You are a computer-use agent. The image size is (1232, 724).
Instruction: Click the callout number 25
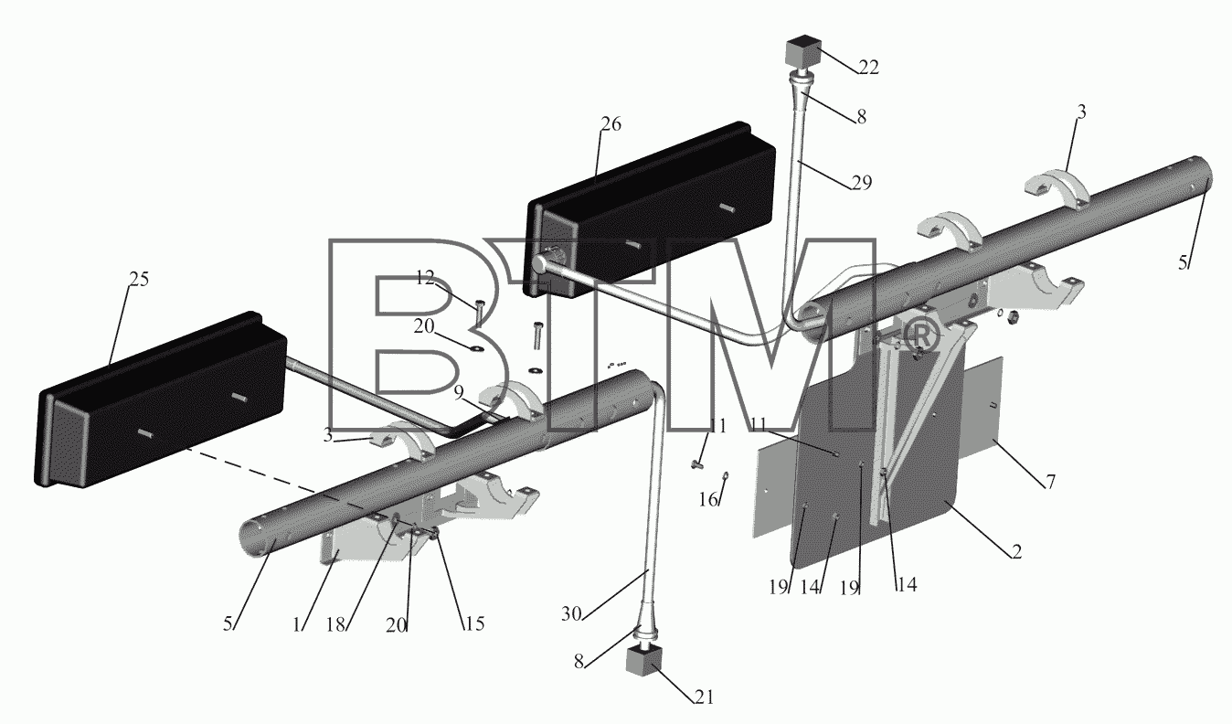point(139,280)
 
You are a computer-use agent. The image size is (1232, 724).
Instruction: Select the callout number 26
point(611,124)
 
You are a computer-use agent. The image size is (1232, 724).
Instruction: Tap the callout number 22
point(868,67)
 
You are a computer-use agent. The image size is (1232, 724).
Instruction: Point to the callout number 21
point(704,697)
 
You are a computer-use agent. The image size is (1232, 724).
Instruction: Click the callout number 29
point(861,182)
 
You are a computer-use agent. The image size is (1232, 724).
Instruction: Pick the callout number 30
point(571,613)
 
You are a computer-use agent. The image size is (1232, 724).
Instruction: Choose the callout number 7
point(1050,482)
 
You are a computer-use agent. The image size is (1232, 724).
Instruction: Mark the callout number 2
point(1016,551)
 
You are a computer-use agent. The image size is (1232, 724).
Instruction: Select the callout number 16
point(708,499)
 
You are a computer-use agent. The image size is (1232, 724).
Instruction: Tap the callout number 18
point(335,624)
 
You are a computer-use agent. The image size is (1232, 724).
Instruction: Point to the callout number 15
point(474,623)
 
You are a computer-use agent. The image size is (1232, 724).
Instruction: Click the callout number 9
point(459,392)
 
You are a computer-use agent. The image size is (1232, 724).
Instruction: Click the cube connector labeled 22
point(803,52)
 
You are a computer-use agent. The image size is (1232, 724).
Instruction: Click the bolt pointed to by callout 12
point(479,312)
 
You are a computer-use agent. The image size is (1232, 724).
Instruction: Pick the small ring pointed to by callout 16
point(726,475)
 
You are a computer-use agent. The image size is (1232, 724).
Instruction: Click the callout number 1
point(297,625)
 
